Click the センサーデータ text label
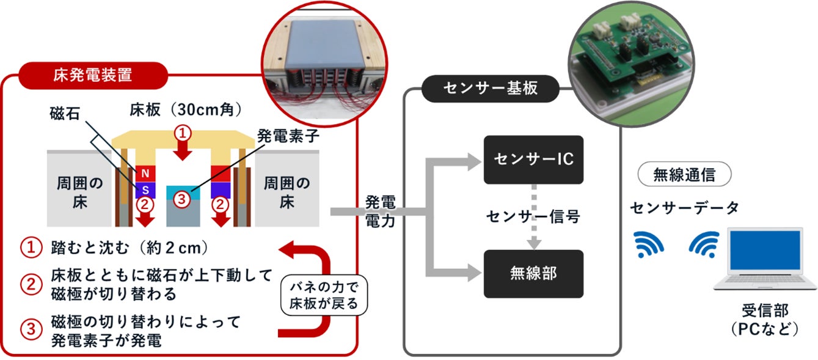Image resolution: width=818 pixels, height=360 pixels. pyautogui.click(x=684, y=208)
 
